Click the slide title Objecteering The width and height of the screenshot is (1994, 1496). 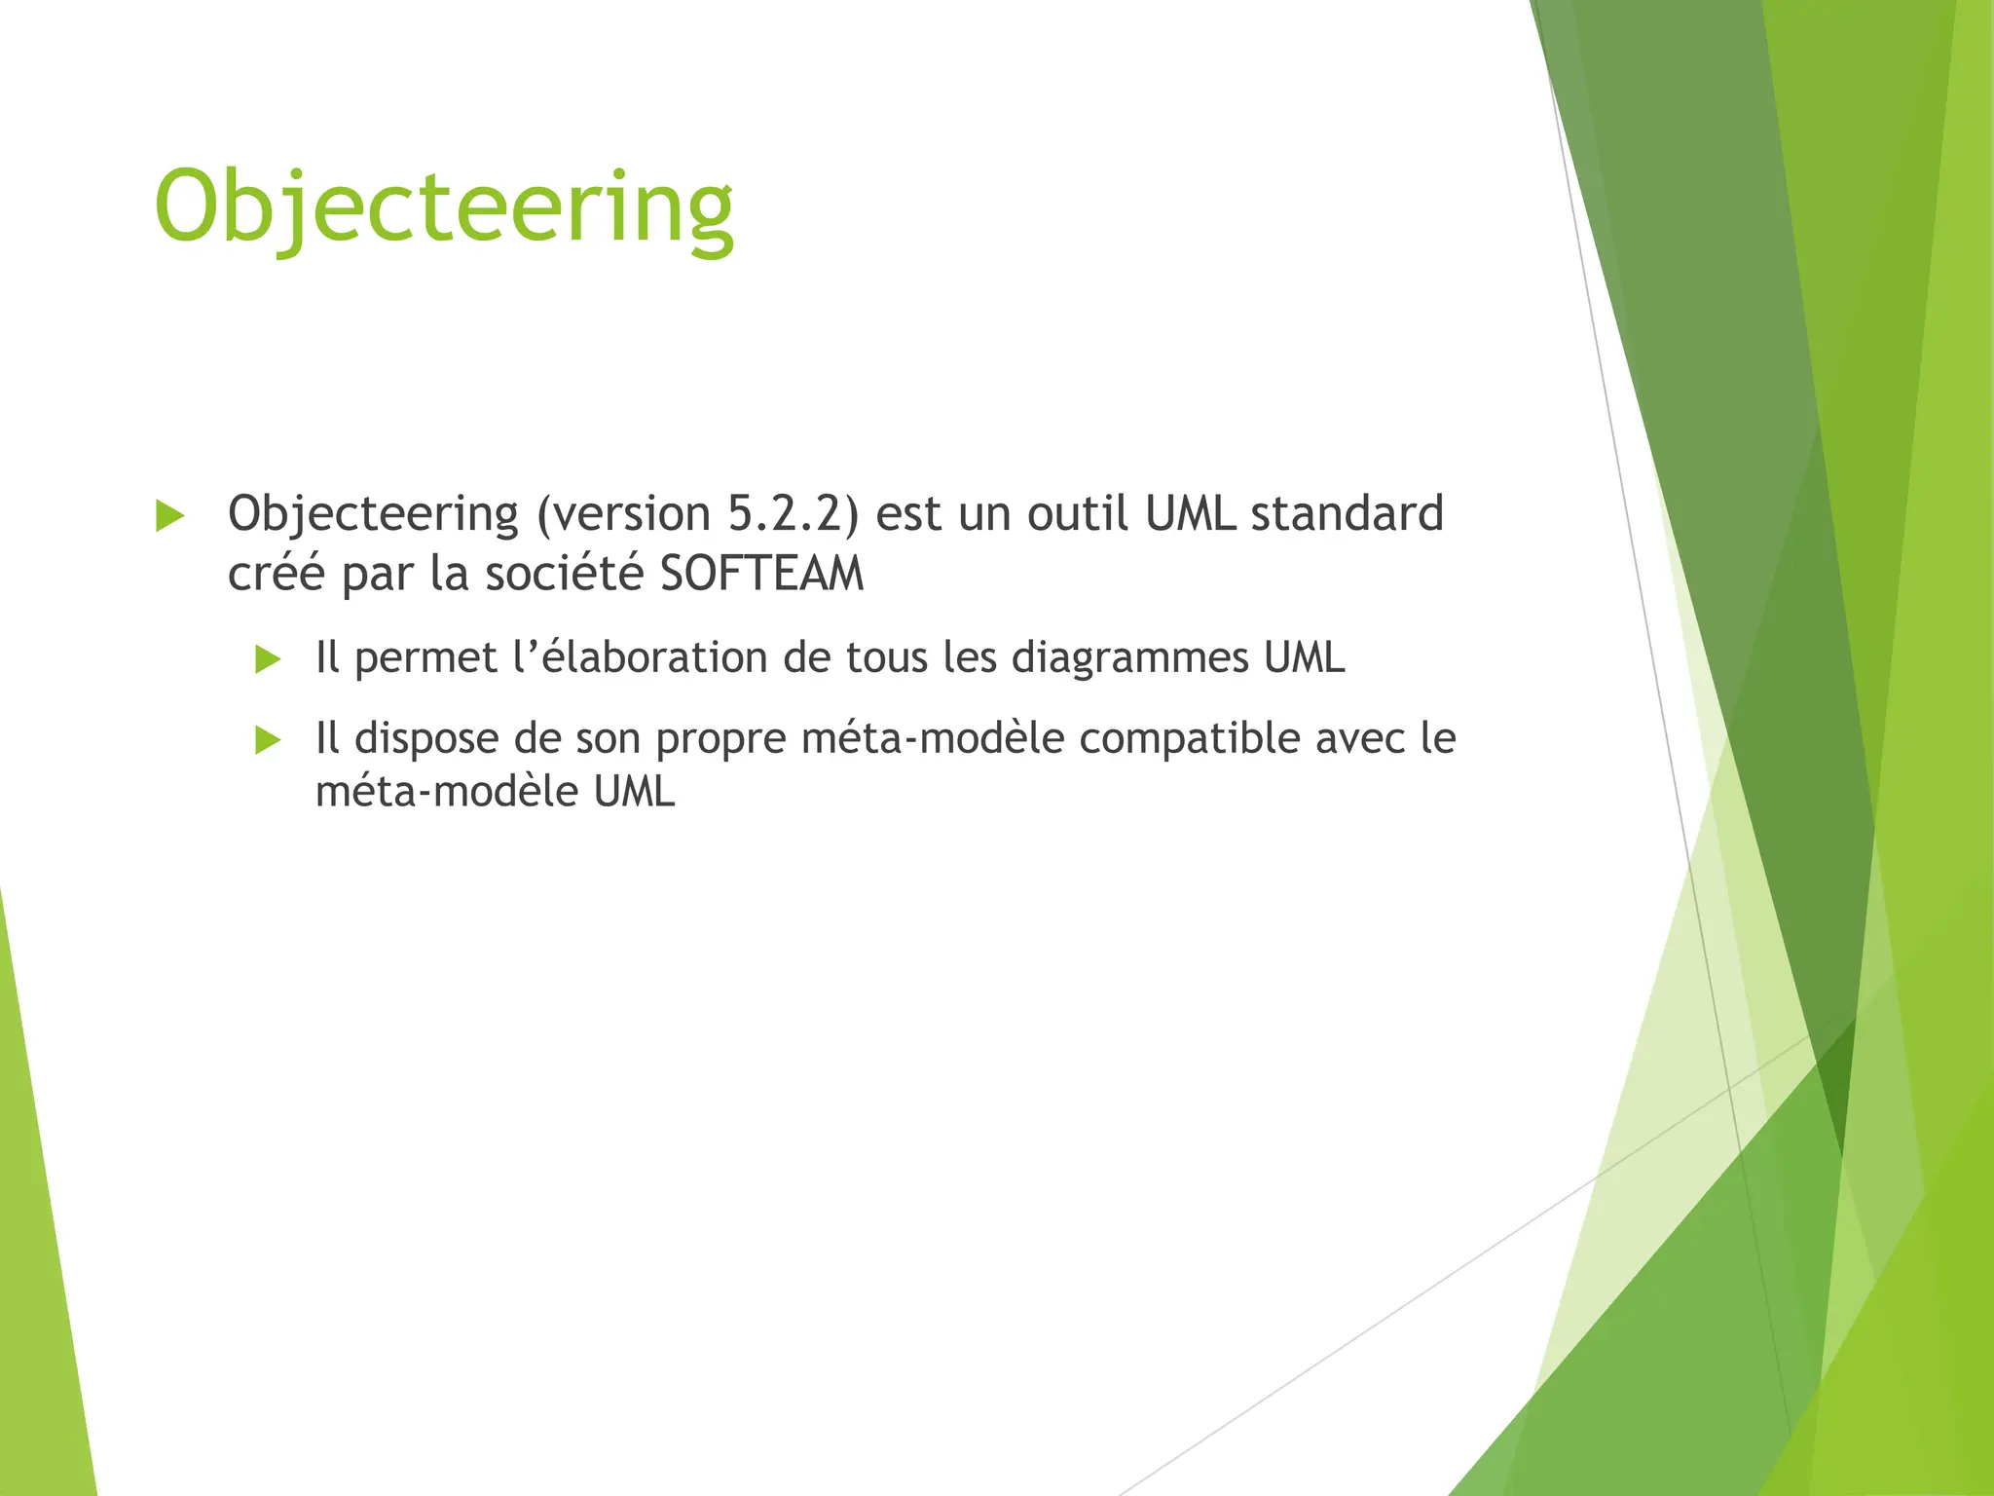point(444,207)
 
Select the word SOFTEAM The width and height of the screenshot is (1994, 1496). point(761,573)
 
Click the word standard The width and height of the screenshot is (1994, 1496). point(1347,513)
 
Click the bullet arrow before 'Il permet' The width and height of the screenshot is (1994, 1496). point(268,660)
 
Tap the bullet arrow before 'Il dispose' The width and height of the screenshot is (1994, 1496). point(268,740)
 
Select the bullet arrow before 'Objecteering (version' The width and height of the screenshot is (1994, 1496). point(169,516)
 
